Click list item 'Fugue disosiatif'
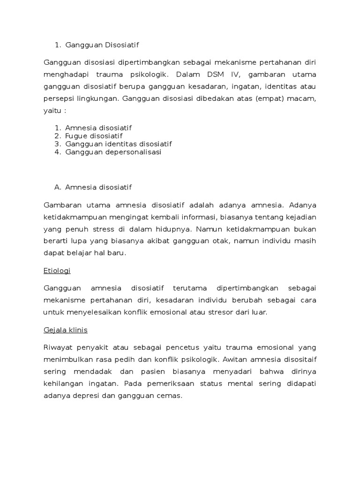click(x=94, y=136)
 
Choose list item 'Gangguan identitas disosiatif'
click(x=119, y=144)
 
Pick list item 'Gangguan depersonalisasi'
click(x=113, y=152)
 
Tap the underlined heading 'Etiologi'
click(x=57, y=270)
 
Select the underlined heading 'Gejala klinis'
click(x=66, y=330)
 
